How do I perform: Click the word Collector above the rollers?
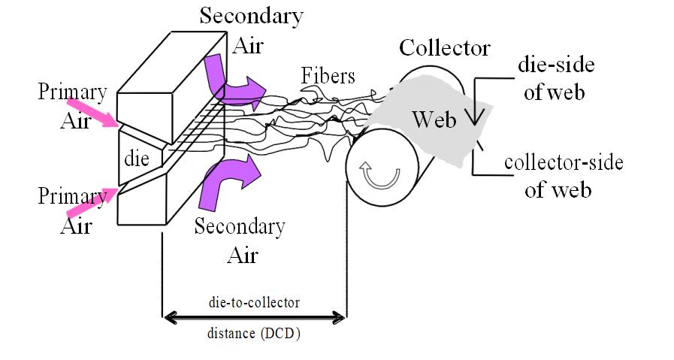[444, 49]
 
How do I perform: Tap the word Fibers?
[328, 76]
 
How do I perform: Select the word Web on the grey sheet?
[435, 119]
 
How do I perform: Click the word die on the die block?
[138, 160]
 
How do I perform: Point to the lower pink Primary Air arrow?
[91, 202]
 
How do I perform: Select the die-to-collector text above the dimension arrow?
[255, 302]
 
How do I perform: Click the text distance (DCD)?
[254, 334]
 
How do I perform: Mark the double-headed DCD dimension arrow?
[254, 319]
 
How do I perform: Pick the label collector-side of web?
[564, 175]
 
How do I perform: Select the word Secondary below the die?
[239, 226]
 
